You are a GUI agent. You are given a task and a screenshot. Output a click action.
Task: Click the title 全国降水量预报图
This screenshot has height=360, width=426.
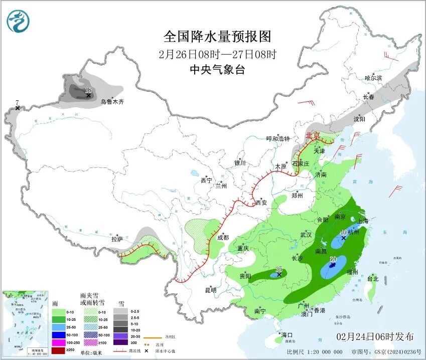click(x=217, y=37)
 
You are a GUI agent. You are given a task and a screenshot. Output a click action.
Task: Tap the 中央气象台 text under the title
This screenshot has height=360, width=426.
click(x=217, y=70)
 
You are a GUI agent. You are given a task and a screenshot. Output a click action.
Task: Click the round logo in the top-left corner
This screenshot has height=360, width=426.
click(x=19, y=21)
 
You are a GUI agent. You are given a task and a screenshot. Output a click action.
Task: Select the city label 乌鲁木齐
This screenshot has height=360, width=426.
click(x=111, y=102)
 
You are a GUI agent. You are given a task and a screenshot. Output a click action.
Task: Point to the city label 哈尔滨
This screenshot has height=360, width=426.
click(x=373, y=78)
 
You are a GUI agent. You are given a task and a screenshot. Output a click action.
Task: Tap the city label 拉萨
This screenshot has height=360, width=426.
click(x=117, y=240)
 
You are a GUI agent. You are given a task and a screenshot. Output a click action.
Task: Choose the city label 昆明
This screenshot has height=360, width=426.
click(x=210, y=290)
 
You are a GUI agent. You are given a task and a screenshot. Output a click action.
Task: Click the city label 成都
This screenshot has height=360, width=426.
click(x=223, y=238)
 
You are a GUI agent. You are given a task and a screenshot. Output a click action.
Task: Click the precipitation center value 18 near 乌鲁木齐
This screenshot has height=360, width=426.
click(x=89, y=90)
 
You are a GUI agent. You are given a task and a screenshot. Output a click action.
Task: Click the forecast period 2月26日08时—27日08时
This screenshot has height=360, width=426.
click(x=217, y=54)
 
